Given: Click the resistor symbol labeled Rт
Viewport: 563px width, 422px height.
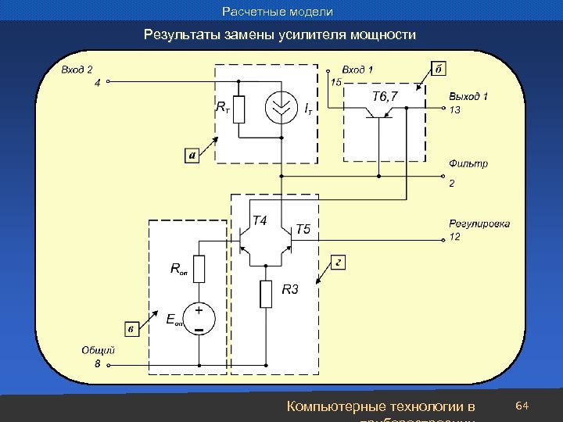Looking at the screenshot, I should tap(239, 109).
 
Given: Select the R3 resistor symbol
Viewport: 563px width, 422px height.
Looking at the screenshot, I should tap(266, 294).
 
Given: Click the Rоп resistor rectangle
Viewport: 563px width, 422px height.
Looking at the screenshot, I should tap(199, 269).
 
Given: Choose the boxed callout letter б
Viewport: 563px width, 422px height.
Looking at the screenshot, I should tap(439, 69).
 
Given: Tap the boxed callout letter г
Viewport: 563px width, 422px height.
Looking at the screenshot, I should tap(338, 262).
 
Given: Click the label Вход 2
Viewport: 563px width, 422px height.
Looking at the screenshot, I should tap(77, 70).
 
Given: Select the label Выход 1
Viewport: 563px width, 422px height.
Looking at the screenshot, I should tap(468, 96).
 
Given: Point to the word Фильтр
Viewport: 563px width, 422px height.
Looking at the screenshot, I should tap(468, 163).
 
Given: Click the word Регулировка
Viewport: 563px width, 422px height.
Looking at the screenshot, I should tap(479, 224).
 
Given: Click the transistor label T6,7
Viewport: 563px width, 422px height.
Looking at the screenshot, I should tap(384, 96).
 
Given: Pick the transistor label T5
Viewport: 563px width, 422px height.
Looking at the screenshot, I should tap(303, 229).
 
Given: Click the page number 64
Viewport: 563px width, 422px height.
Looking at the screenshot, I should tap(523, 406).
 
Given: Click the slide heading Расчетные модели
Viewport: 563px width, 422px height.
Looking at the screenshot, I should tap(278, 12).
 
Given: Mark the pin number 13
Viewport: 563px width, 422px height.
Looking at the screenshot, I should tap(454, 110).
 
